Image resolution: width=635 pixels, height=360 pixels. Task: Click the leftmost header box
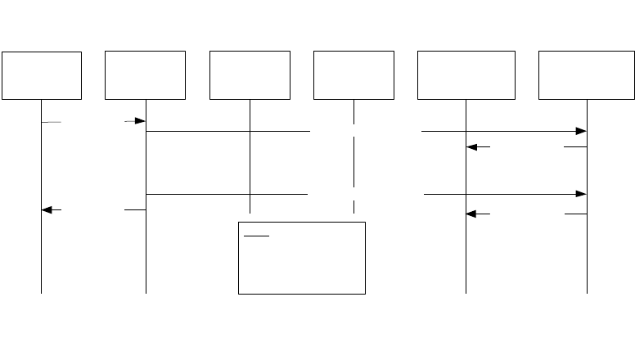42,75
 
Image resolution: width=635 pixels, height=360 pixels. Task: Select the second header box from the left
146,75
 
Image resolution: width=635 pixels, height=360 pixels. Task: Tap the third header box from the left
250,75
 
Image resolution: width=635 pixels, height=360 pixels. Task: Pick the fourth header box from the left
354,75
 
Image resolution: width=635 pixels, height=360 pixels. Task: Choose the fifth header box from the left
466,75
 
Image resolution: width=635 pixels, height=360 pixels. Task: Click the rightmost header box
587,75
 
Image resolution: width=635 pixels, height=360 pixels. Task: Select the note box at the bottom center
301,257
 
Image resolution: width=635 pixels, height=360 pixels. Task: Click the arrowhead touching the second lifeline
140,121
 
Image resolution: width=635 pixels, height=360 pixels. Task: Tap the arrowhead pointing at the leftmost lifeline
47,210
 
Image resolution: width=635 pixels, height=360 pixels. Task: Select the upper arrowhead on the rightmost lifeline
581,131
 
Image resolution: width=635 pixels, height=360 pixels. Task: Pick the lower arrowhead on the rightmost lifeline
581,194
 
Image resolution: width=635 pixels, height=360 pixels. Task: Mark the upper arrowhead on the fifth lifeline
471,147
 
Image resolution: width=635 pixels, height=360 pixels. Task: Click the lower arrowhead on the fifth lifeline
471,214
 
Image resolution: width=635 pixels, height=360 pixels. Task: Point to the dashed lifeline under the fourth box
354,164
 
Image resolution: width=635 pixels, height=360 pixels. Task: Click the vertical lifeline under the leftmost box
41,254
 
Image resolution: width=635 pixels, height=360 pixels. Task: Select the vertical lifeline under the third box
250,164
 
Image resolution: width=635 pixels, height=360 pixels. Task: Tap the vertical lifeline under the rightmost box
587,254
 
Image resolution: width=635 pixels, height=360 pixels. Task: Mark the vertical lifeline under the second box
146,254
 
